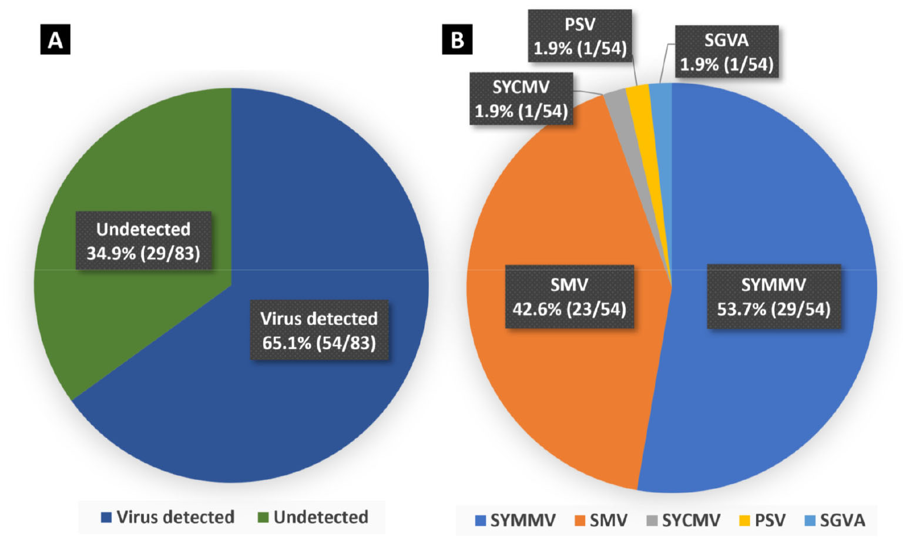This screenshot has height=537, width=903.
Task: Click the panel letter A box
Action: click(x=55, y=40)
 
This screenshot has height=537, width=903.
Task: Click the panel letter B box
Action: click(x=457, y=40)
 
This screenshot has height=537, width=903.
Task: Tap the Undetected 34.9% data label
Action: click(x=144, y=241)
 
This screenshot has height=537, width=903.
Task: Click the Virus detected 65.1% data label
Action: click(x=319, y=330)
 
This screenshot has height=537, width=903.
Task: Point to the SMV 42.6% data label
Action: click(x=569, y=297)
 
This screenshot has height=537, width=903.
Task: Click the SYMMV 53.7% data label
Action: click(x=774, y=297)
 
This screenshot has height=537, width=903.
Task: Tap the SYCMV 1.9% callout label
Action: click(x=521, y=99)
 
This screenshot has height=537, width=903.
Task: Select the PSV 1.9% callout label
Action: click(x=580, y=36)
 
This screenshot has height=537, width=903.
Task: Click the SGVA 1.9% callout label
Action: click(x=727, y=52)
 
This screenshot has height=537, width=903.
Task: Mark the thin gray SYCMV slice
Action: click(x=617, y=106)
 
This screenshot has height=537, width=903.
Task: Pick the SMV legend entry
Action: click(x=602, y=521)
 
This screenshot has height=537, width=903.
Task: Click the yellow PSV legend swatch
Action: click(x=744, y=521)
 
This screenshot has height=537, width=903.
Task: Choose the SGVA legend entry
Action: click(x=835, y=521)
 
